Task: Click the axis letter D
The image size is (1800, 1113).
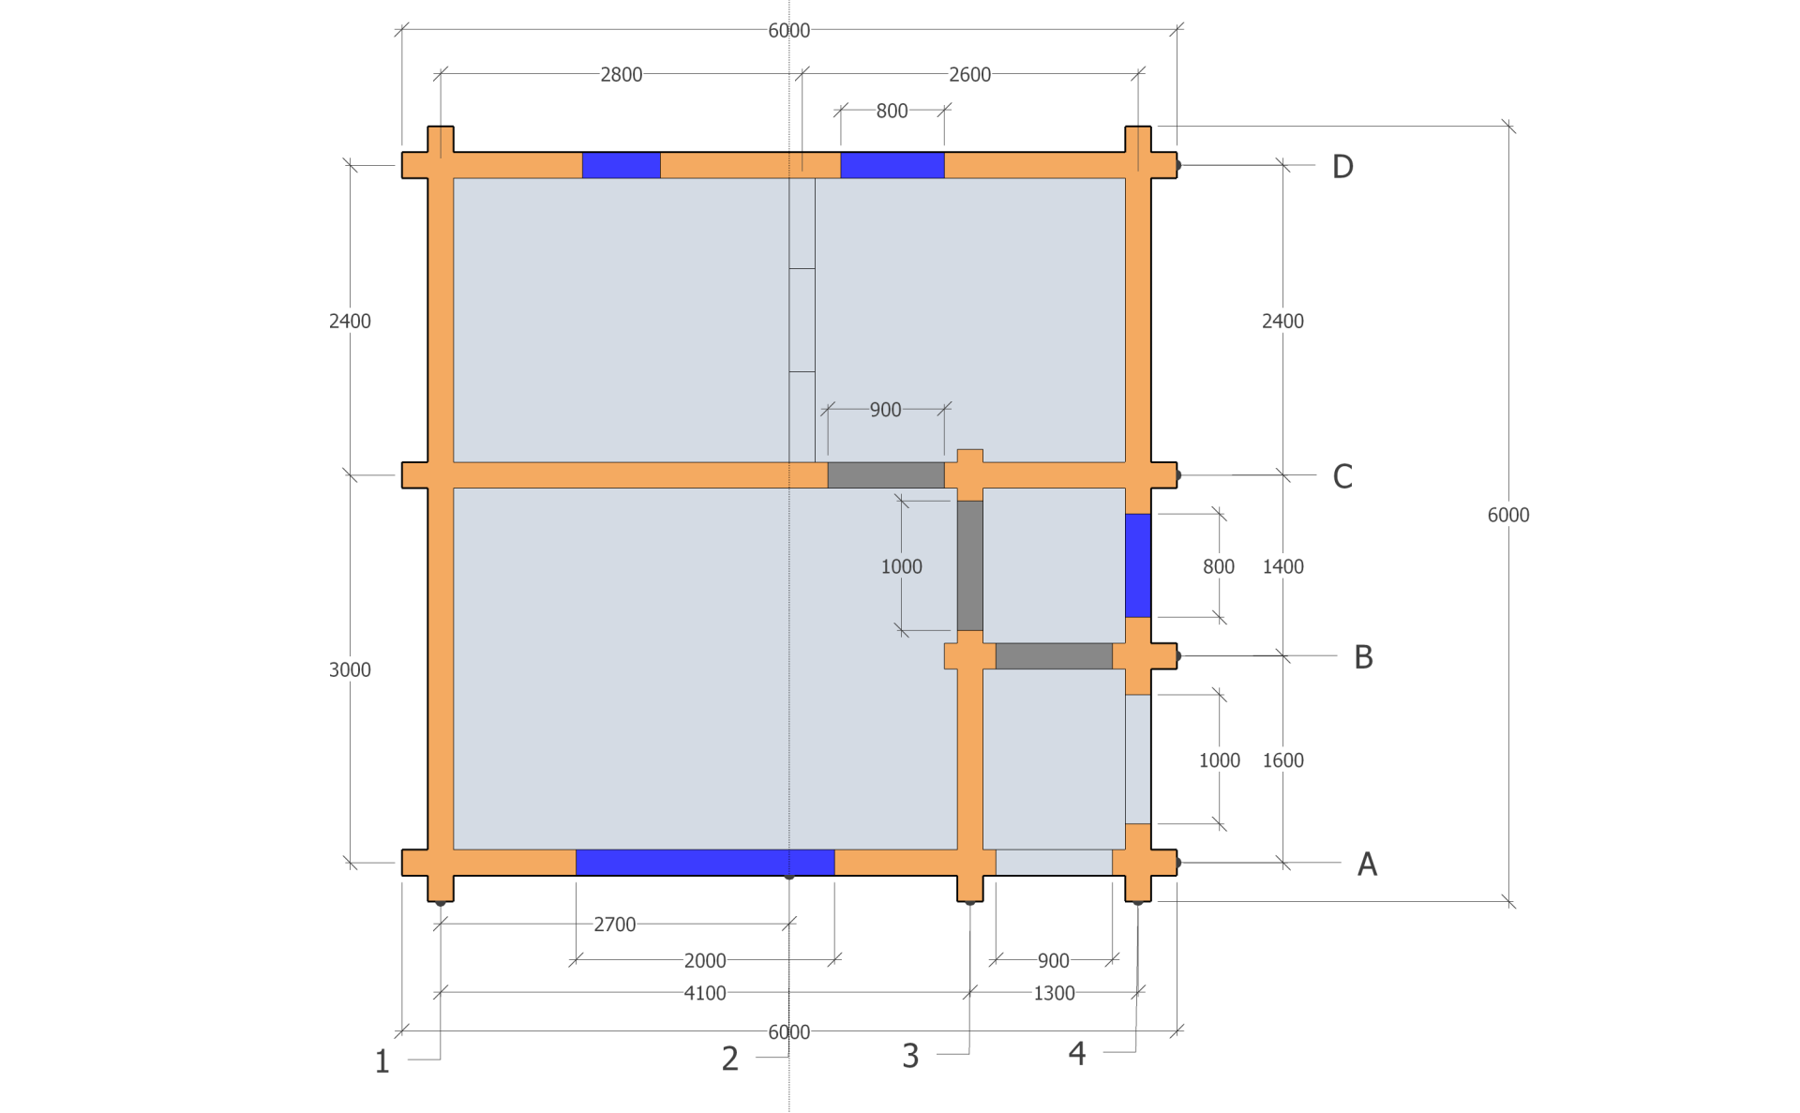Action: coord(1342,167)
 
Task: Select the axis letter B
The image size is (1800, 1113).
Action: coord(1363,657)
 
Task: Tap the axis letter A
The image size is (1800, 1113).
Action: coord(1367,864)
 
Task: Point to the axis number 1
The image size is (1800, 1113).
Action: coord(382,1061)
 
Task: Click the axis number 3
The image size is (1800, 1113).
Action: coord(910,1056)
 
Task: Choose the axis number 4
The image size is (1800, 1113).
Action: coord(1077,1053)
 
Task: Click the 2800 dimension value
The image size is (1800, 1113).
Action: coord(622,75)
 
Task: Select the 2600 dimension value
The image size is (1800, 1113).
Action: coord(969,75)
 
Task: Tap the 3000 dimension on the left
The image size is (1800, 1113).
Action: coord(350,669)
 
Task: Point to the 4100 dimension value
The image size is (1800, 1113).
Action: coord(705,993)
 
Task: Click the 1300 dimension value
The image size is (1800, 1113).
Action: coord(1054,993)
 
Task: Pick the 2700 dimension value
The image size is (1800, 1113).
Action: coord(615,925)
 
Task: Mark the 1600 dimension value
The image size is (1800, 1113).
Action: coord(1282,760)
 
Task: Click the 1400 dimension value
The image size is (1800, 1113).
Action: coord(1282,566)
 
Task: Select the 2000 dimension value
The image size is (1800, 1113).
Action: coord(705,961)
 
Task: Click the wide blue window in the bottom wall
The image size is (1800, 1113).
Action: coord(705,863)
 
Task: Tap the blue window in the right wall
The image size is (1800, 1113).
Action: coord(1138,565)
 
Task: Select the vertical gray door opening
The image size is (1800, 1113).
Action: coord(970,565)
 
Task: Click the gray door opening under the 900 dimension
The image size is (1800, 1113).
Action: coord(886,475)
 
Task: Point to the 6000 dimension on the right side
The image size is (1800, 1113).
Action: coord(1508,515)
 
